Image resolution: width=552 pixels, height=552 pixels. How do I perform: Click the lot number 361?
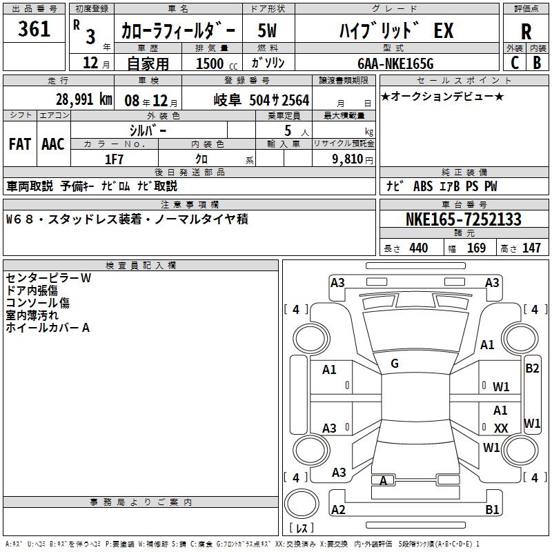click(x=34, y=28)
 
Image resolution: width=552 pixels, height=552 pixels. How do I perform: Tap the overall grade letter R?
click(x=526, y=32)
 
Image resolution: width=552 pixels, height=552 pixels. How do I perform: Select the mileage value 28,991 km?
click(x=84, y=99)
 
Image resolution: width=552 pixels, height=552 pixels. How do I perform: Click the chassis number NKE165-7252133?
click(x=463, y=219)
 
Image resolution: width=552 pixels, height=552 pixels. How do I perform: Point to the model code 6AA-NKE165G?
click(x=395, y=63)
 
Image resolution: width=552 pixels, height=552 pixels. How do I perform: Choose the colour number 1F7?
click(x=114, y=159)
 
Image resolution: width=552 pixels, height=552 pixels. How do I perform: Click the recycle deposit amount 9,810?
click(x=348, y=159)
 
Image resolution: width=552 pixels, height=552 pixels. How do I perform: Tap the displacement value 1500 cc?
click(x=217, y=63)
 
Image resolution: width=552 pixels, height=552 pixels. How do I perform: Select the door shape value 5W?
click(x=267, y=30)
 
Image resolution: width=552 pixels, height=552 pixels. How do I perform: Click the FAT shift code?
click(x=20, y=144)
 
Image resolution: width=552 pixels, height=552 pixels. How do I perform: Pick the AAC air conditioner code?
click(x=53, y=144)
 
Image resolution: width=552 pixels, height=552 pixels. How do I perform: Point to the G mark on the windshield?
click(x=395, y=364)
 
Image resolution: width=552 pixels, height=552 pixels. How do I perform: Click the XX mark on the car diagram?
click(x=501, y=428)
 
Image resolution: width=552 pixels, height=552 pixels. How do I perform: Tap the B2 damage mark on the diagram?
click(x=532, y=368)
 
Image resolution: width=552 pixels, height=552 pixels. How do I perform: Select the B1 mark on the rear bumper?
click(x=492, y=509)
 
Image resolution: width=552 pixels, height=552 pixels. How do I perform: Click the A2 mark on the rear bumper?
click(x=338, y=509)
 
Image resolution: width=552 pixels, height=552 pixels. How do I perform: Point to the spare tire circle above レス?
click(x=302, y=504)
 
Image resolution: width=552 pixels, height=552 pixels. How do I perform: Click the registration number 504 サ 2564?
click(x=279, y=100)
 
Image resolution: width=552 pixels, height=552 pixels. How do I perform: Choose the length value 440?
click(x=419, y=248)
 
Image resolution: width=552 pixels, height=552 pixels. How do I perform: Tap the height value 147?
click(x=531, y=248)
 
